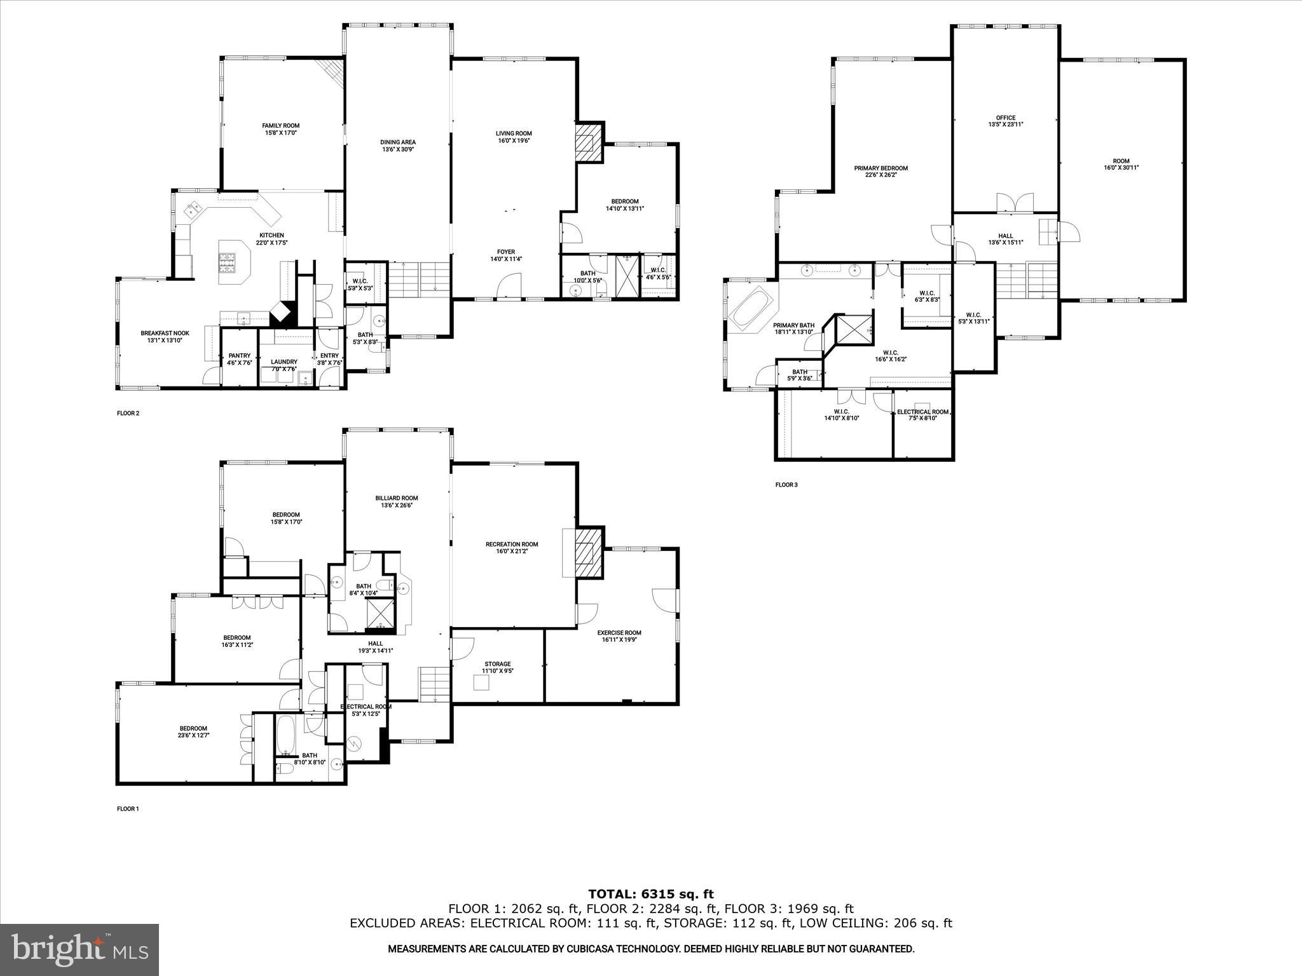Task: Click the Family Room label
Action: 280,126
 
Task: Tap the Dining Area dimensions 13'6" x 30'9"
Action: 398,150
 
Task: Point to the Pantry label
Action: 239,356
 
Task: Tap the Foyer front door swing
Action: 509,285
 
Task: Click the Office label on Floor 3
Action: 1005,118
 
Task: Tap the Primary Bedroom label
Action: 881,168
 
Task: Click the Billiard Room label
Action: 397,498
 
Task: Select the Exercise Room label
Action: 619,633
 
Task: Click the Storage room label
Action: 497,664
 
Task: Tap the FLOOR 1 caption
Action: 128,809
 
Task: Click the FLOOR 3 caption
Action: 786,485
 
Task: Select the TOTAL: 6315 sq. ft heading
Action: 650,895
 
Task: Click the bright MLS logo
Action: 79,950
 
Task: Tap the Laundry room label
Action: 285,362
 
